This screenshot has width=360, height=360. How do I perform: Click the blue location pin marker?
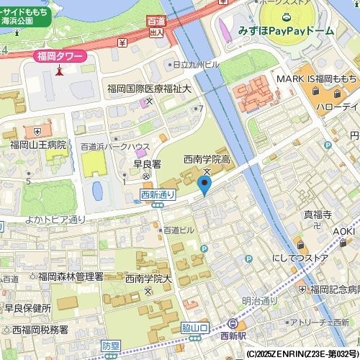point(205,186)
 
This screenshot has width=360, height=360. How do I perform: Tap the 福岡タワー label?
point(60,56)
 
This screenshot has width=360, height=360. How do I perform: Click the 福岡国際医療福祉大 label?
point(149,89)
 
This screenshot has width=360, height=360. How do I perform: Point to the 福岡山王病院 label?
point(37,145)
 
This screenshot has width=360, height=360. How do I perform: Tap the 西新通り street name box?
point(158,194)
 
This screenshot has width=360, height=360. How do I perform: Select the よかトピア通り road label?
point(55,219)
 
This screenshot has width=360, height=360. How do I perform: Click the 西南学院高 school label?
point(207,158)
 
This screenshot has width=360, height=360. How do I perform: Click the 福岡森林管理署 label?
point(71,276)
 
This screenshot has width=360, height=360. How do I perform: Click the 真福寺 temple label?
point(316,214)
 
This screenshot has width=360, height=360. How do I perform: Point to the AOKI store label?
point(345,231)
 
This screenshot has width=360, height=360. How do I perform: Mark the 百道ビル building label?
point(178,230)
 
